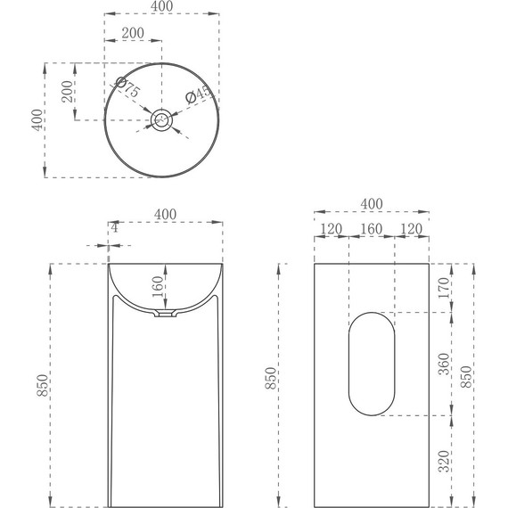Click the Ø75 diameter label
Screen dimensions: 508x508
[127, 89]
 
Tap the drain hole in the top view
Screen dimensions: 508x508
[161, 119]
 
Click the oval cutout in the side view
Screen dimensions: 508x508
[371, 365]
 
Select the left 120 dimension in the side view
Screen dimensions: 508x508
[331, 229]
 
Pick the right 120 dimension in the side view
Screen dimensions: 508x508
[411, 229]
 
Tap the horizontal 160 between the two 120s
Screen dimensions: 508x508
[371, 229]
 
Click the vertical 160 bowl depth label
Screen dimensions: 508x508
[158, 289]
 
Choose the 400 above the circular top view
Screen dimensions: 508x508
[161, 7]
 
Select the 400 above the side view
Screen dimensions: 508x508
[371, 204]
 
